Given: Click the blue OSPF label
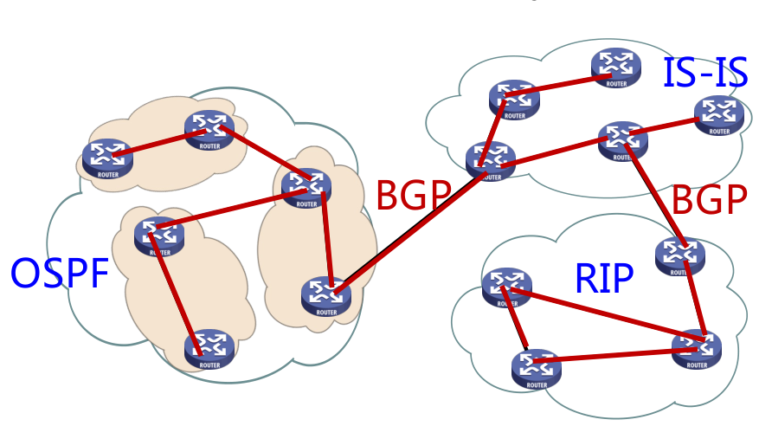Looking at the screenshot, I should [x=60, y=273].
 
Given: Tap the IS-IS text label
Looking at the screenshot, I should [x=704, y=73].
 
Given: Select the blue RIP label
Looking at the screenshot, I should [x=604, y=278].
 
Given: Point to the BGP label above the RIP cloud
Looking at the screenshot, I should [x=710, y=200].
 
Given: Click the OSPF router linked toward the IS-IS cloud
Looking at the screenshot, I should [x=326, y=294].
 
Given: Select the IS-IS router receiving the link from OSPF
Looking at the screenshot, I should [x=491, y=160].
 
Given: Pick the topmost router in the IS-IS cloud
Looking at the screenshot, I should [x=616, y=66].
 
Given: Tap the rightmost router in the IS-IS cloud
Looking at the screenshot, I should [x=718, y=113].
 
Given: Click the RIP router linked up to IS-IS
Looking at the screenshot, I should [x=679, y=255].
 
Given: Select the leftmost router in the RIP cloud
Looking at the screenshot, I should [x=506, y=287].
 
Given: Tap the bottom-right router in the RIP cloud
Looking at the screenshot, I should [x=697, y=347].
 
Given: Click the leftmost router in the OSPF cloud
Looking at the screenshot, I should [x=108, y=158].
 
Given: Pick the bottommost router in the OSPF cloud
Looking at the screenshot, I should [x=209, y=348].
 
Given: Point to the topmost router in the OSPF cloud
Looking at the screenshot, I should [x=209, y=129].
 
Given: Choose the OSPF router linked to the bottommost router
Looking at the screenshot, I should [x=159, y=235].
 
